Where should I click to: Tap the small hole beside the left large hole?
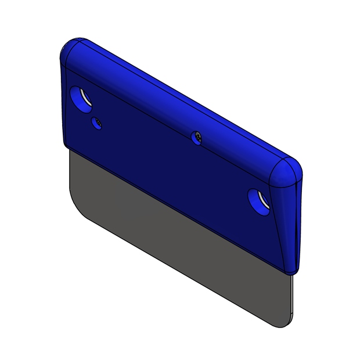96,123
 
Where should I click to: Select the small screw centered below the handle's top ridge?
197,136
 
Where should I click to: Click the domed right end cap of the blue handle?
287,171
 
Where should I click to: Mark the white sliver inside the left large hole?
85,98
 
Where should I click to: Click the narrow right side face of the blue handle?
290,226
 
